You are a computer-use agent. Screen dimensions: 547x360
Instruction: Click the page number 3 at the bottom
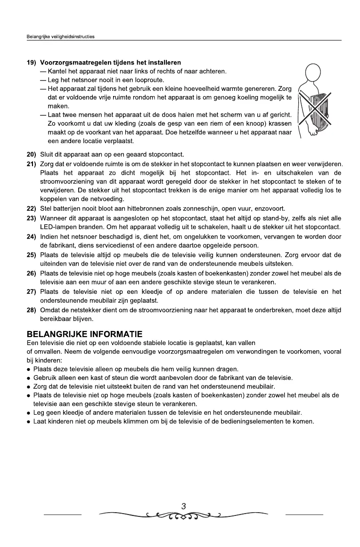tap(183, 506)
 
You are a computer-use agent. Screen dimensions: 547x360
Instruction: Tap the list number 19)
tap(33, 63)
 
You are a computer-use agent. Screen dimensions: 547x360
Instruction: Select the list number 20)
tap(33, 154)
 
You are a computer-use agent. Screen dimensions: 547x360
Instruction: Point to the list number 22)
tap(33, 209)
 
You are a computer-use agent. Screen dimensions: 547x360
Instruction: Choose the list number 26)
tap(33, 273)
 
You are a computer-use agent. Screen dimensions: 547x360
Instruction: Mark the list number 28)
tap(33, 310)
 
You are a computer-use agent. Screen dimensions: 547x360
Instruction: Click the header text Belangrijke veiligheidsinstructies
tap(60, 36)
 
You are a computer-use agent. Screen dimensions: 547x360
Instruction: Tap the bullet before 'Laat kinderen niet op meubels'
tap(29, 421)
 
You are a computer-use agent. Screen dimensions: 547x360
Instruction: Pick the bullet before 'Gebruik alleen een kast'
tap(29, 378)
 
